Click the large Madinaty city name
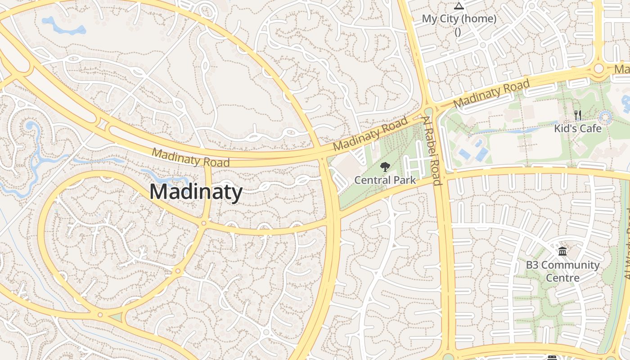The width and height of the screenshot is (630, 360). click(x=196, y=192)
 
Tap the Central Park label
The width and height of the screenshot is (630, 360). click(x=385, y=180)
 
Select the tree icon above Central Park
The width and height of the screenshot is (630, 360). click(x=385, y=167)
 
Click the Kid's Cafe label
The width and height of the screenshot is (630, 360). click(x=577, y=129)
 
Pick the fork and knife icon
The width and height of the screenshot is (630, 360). click(x=578, y=115)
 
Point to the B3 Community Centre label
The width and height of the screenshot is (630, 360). click(x=562, y=271)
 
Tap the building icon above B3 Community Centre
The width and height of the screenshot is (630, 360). click(x=562, y=251)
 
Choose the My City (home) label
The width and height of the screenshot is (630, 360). click(x=459, y=19)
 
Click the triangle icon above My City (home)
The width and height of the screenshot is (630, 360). click(x=459, y=6)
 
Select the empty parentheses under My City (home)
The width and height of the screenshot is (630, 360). click(x=458, y=32)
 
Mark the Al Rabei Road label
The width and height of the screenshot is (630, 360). click(x=431, y=150)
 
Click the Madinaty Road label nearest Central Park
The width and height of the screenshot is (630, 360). click(x=370, y=134)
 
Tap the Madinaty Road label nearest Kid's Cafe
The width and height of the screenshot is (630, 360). click(x=491, y=94)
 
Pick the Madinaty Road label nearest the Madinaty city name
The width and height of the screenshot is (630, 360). click(x=191, y=157)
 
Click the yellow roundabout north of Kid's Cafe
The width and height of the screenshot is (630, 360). click(x=598, y=69)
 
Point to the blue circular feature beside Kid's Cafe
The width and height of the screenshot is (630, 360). click(x=606, y=118)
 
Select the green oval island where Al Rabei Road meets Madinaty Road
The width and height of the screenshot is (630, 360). click(x=428, y=112)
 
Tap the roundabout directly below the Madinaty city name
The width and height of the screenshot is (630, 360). click(x=204, y=223)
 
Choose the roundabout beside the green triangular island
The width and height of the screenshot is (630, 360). click(x=100, y=315)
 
